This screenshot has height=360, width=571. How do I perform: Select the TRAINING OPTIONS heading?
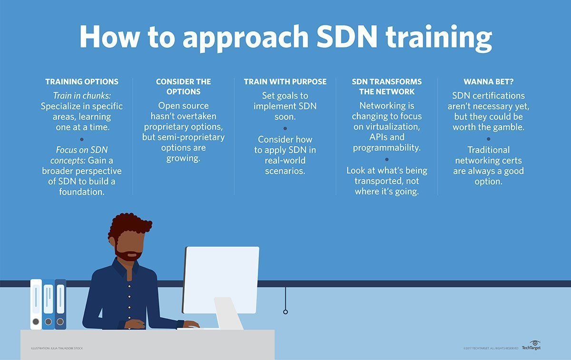[82, 81]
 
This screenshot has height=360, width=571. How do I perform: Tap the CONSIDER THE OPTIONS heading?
[183, 86]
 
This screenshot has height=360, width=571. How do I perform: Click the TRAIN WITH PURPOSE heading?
[285, 81]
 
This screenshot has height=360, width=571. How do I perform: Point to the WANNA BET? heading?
[488, 81]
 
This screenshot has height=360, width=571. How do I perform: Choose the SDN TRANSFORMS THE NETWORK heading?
[386, 86]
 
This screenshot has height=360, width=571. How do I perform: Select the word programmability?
[386, 148]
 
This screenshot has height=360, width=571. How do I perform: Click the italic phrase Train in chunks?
[82, 95]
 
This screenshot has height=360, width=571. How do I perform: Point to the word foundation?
[82, 192]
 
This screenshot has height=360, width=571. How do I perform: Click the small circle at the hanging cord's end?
[285, 312]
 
